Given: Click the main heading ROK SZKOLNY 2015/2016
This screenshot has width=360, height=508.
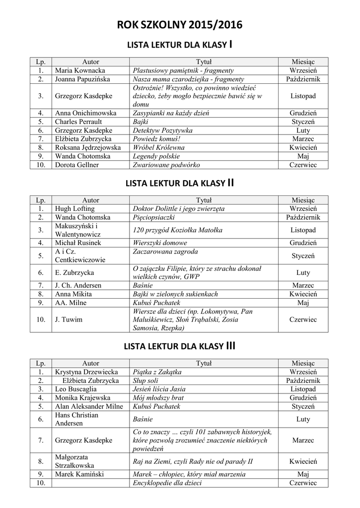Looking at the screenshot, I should [x=180, y=26].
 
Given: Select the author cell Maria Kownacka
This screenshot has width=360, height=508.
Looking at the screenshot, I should [x=80, y=70].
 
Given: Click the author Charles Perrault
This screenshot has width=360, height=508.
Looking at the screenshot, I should [x=78, y=121].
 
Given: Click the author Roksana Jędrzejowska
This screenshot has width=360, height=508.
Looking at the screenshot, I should [x=88, y=147].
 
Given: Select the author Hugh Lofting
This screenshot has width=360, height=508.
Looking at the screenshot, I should [x=74, y=208].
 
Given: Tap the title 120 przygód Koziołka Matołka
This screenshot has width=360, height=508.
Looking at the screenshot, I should [x=177, y=230].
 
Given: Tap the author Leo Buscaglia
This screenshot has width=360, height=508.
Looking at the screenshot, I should [x=76, y=389].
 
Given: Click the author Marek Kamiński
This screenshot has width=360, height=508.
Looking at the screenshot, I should [x=79, y=474].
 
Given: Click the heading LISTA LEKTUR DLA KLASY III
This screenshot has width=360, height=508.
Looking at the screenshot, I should [x=180, y=346].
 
